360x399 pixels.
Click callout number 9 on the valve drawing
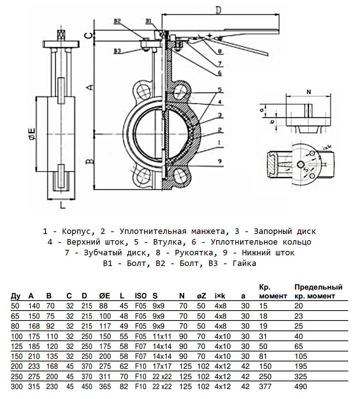(219, 161)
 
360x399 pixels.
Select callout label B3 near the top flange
(118, 51)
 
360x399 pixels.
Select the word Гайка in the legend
(245, 263)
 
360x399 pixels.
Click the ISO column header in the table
(141, 295)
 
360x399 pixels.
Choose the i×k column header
(221, 295)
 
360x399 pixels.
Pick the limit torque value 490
(301, 386)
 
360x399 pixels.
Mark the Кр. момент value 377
(265, 386)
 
